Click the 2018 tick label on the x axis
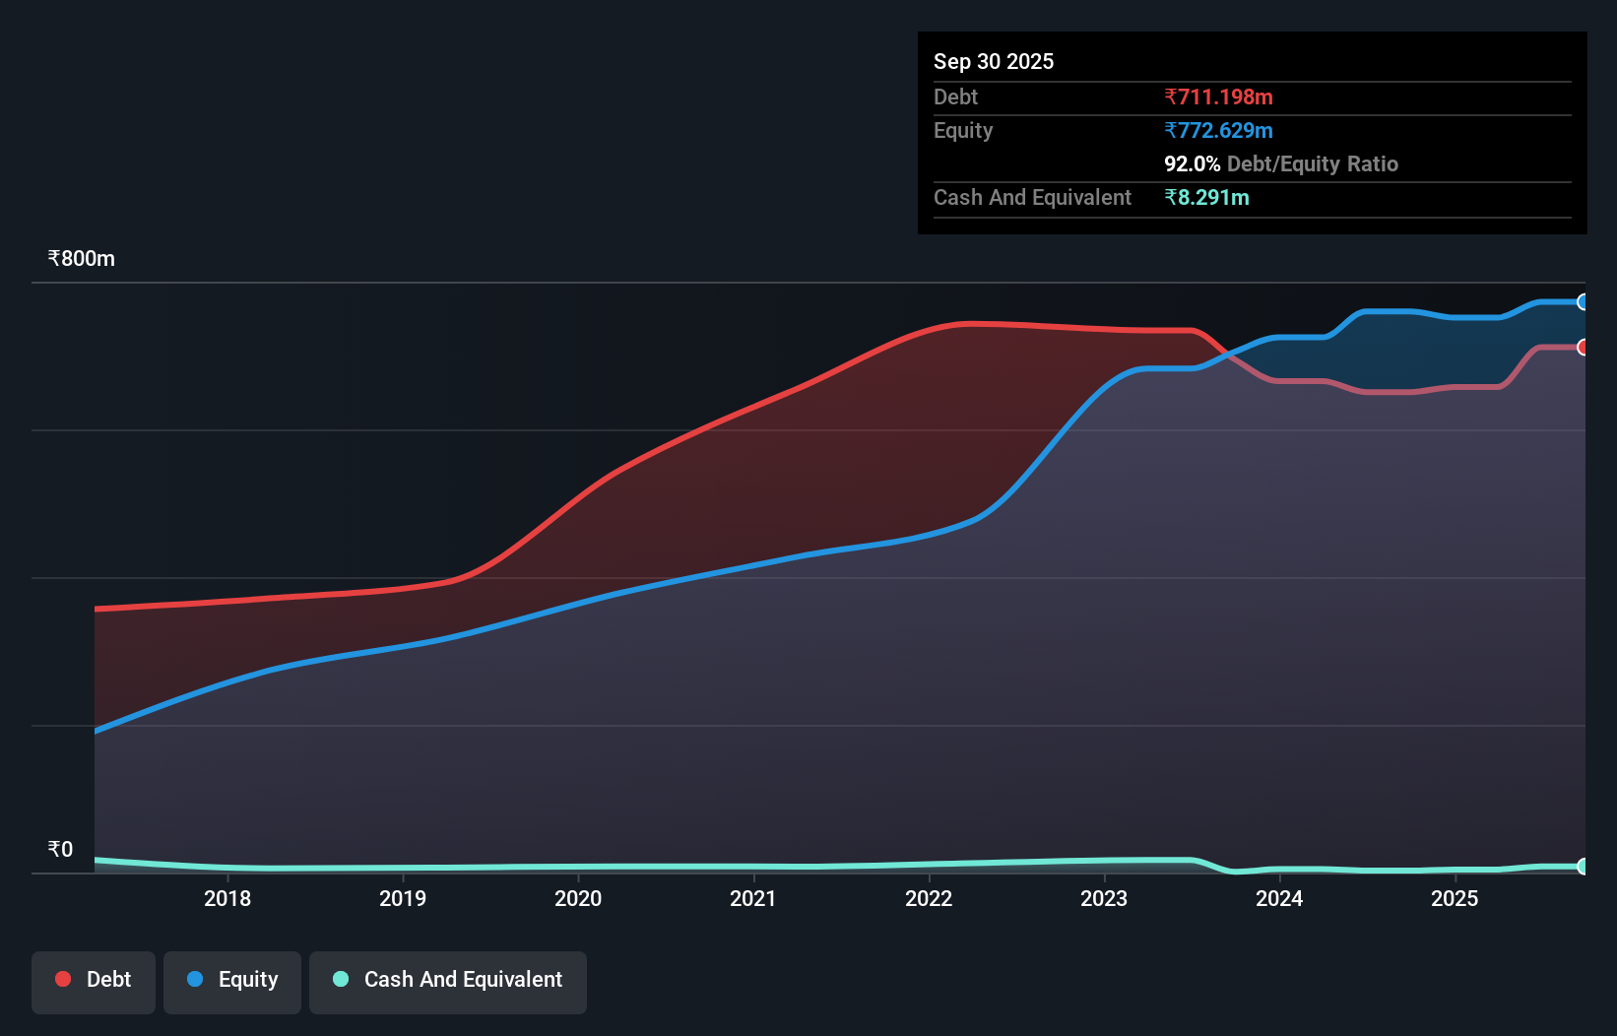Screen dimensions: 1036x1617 [227, 898]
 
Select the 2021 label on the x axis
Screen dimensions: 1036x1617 [753, 898]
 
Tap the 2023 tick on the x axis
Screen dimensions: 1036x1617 [1104, 898]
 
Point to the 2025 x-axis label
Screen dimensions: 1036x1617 [1455, 898]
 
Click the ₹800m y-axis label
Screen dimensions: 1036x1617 [82, 259]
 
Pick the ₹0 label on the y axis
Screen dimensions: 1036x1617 [60, 850]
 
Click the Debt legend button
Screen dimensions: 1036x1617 [94, 980]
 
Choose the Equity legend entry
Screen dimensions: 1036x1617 [232, 980]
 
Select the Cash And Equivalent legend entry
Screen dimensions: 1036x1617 [448, 980]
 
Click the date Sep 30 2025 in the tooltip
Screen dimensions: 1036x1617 [994, 61]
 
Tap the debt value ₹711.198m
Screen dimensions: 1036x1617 [1218, 97]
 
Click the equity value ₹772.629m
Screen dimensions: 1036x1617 [1218, 130]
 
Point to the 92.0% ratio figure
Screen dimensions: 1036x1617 [1192, 163]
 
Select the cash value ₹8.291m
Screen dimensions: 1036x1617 [1206, 197]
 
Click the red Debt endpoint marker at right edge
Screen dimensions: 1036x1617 [1583, 348]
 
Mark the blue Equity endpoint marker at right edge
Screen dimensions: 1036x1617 [1583, 302]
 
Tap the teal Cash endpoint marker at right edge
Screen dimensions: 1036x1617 [1583, 867]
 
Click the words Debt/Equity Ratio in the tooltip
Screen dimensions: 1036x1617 [1312, 163]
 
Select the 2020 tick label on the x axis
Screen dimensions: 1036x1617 [578, 898]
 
